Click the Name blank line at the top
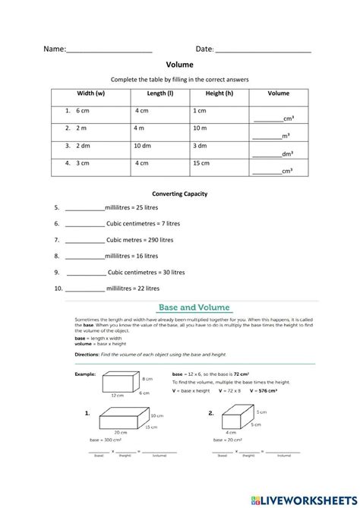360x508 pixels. [109, 50]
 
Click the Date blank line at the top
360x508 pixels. [263, 50]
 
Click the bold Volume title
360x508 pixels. [180, 65]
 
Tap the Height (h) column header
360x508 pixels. [219, 93]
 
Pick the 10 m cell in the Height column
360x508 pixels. [200, 128]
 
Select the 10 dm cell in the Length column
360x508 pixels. [142, 145]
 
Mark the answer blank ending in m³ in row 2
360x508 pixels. [267, 137]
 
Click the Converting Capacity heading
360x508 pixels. [180, 194]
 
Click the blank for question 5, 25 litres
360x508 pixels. [84, 208]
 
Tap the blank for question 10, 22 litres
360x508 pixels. [84, 289]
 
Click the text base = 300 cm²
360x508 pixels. [106, 440]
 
